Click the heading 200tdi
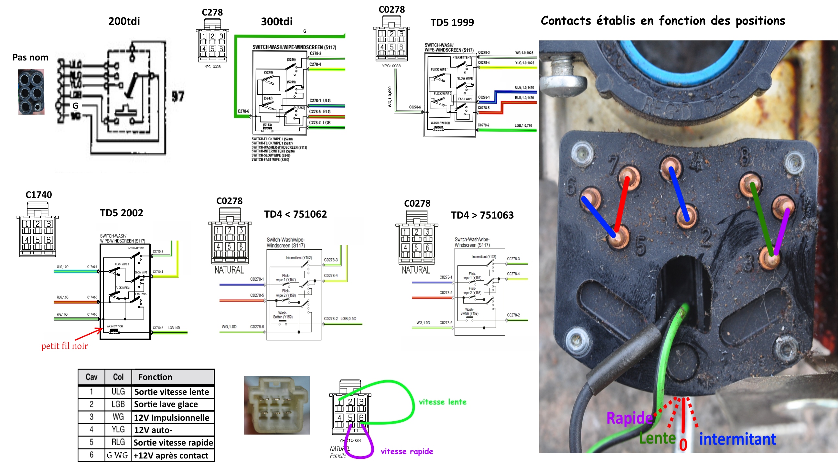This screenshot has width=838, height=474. [x=124, y=21]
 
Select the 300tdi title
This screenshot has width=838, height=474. [x=276, y=21]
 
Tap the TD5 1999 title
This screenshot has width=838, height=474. [x=452, y=22]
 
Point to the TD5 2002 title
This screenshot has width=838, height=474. [x=121, y=213]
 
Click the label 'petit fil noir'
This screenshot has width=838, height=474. [x=64, y=346]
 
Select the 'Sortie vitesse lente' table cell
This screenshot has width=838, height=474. [x=171, y=392]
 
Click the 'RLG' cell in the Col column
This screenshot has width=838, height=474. [x=118, y=442]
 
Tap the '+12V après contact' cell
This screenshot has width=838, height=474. [x=171, y=456]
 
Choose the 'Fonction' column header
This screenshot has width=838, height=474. [x=155, y=377]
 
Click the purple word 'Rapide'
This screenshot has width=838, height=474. [x=629, y=418]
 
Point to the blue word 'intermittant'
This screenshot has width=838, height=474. [x=737, y=439]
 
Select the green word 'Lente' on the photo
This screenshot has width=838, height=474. [x=657, y=438]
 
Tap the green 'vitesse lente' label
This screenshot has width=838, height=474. [x=442, y=402]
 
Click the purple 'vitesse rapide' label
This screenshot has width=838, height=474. [x=406, y=452]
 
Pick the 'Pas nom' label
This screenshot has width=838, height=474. [x=30, y=58]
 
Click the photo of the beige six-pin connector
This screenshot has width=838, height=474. [x=277, y=405]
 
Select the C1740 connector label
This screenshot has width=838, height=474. [x=38, y=195]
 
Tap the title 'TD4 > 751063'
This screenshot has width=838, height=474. [x=482, y=215]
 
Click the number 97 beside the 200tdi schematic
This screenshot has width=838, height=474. [x=178, y=96]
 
